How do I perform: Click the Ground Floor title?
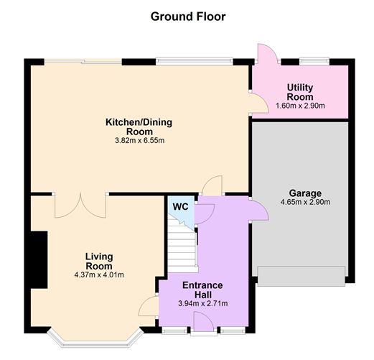(x=188, y=17)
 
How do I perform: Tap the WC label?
(x=180, y=207)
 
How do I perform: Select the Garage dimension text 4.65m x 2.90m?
(x=305, y=202)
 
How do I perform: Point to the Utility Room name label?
(x=300, y=92)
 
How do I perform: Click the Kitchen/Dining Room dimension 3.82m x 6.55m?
(x=139, y=140)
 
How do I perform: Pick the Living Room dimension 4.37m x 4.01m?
(x=99, y=274)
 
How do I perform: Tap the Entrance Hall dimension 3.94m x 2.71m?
(x=203, y=304)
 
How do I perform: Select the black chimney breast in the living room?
(x=39, y=259)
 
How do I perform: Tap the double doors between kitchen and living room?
(x=80, y=206)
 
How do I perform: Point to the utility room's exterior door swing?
(x=267, y=54)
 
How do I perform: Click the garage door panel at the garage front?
(x=301, y=276)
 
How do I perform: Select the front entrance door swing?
(x=204, y=322)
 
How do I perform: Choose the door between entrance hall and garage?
(x=259, y=209)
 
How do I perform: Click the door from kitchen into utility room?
(x=259, y=103)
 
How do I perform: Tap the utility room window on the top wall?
(x=314, y=61)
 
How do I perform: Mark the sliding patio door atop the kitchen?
(x=83, y=61)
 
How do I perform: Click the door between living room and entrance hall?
(x=149, y=306)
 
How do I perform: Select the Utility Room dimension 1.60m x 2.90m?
(x=300, y=106)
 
